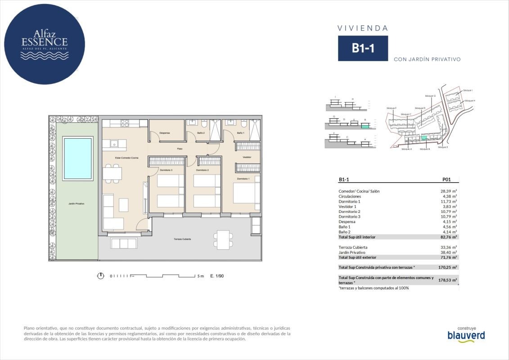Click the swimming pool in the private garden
coord(78,158)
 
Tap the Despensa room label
coord(165,133)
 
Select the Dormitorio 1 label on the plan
coord(243,179)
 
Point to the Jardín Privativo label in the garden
coord(77,203)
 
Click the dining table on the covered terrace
coord(222,239)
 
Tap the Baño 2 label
coord(201,133)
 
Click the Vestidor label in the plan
coord(247,157)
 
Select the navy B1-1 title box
coord(363,49)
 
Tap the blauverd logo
coord(466,335)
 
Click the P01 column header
coord(446,180)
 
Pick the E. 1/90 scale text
coord(217,276)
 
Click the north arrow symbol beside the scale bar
coord(101,276)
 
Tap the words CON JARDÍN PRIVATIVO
coord(427,59)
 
